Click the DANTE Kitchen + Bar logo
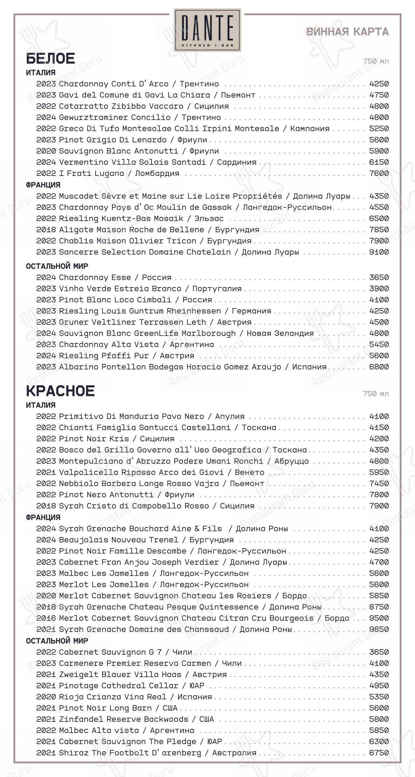[x=207, y=30]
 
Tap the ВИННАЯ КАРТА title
[x=347, y=32]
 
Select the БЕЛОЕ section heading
[x=50, y=58]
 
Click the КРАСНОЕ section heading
[x=60, y=391]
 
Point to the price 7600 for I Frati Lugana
[x=379, y=173]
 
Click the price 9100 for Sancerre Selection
[x=379, y=252]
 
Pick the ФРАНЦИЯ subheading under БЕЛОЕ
[x=43, y=185]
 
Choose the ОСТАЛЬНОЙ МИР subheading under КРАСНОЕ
[x=57, y=641]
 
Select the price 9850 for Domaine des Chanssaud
[x=379, y=629]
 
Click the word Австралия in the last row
[x=234, y=753]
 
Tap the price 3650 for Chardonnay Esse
[x=379, y=277]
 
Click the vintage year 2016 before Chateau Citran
[x=46, y=618]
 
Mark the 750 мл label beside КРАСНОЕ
[x=376, y=394]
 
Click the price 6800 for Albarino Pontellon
[x=379, y=367]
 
